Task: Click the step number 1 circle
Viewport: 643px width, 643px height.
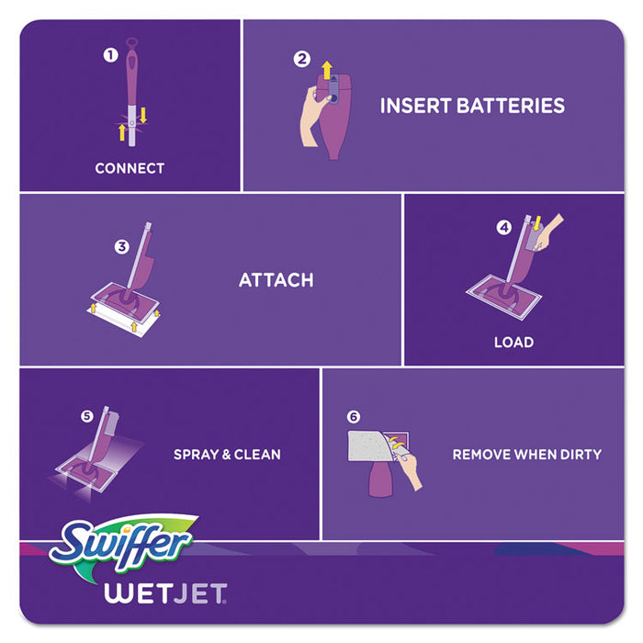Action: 110,55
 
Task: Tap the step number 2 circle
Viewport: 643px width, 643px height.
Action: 301,60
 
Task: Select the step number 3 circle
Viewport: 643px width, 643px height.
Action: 121,246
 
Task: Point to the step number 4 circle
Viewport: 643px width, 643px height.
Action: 503,228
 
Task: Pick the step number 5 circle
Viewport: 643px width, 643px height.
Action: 87,416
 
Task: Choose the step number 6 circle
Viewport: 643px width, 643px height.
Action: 354,416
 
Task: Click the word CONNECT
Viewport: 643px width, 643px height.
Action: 130,168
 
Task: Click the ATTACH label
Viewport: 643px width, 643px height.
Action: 276,279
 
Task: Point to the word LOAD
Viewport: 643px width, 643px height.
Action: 513,342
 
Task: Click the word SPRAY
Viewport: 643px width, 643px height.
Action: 196,454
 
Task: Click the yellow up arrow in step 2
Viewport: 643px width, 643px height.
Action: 326,68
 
